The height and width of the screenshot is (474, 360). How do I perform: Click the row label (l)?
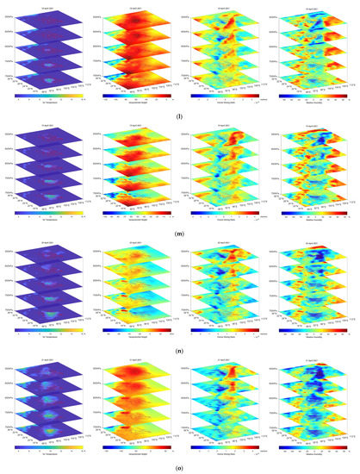(x=179, y=112)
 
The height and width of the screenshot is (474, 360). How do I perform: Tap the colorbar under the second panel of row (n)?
(x=132, y=326)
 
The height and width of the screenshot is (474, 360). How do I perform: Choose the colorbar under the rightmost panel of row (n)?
(x=310, y=326)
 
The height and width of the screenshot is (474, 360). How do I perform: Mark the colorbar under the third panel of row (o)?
(x=221, y=441)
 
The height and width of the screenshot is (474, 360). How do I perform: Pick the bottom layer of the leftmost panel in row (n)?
(x=50, y=307)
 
